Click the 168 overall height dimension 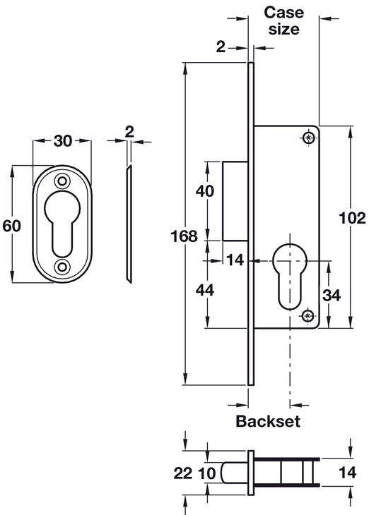pyautogui.click(x=184, y=236)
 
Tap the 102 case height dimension pyautogui.click(x=352, y=218)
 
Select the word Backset pyautogui.click(x=268, y=421)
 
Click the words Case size pyautogui.click(x=283, y=20)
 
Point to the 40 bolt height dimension pyautogui.click(x=205, y=190)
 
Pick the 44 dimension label pyautogui.click(x=205, y=291)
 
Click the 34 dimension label pyautogui.click(x=331, y=296)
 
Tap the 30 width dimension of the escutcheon pyautogui.click(x=62, y=141)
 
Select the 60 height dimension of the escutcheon pyautogui.click(x=11, y=226)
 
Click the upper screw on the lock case pyautogui.click(x=308, y=138)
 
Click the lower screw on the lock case pyautogui.click(x=307, y=316)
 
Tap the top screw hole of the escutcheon pyautogui.click(x=62, y=181)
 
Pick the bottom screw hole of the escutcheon pyautogui.click(x=62, y=267)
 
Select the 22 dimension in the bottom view pyautogui.click(x=182, y=473)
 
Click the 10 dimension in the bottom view pyautogui.click(x=207, y=473)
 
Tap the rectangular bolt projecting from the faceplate pyautogui.click(x=235, y=201)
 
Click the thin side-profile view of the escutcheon pyautogui.click(x=129, y=224)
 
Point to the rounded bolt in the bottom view pyautogui.click(x=235, y=473)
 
